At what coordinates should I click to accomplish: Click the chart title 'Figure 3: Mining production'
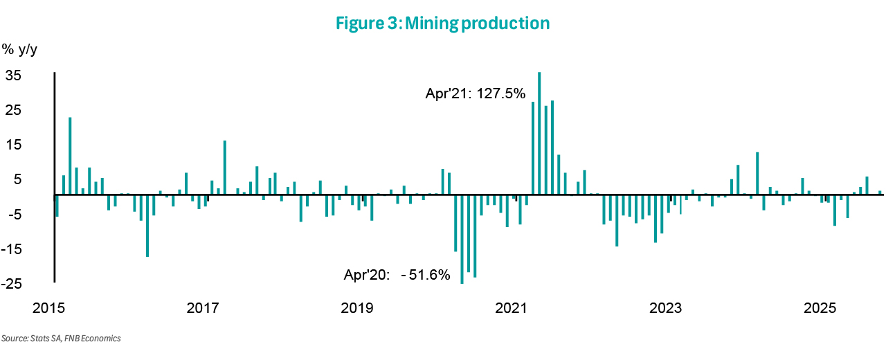[442, 24]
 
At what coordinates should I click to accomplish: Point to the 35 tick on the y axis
[13, 75]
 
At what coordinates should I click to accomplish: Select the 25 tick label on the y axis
[13, 110]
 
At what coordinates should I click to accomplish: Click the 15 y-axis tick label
[13, 145]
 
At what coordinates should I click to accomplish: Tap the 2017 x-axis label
[204, 307]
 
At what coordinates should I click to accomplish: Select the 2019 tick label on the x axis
[358, 307]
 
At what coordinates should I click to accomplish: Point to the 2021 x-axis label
[513, 307]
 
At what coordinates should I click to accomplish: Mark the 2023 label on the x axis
[667, 307]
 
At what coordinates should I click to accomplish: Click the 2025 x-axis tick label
[821, 307]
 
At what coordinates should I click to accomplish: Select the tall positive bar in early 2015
[70, 156]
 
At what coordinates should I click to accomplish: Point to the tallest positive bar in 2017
[224, 167]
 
